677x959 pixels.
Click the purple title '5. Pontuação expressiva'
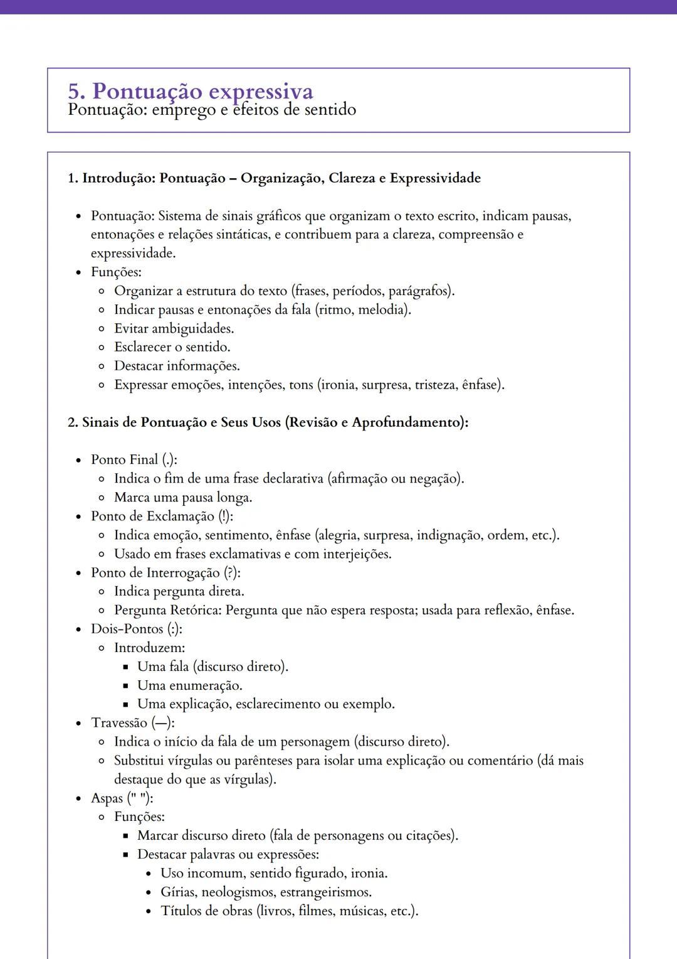pyautogui.click(x=191, y=92)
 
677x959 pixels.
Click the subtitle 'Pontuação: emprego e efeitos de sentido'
pyautogui.click(x=212, y=110)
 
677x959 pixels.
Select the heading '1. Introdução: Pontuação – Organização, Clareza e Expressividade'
pyautogui.click(x=274, y=178)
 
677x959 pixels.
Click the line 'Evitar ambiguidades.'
pyautogui.click(x=174, y=328)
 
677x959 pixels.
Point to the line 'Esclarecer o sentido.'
pyautogui.click(x=172, y=347)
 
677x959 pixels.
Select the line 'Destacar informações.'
pyautogui.click(x=177, y=366)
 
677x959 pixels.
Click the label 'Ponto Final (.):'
pyautogui.click(x=134, y=460)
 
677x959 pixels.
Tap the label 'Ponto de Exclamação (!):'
pyautogui.click(x=162, y=517)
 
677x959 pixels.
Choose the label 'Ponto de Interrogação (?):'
pyautogui.click(x=165, y=573)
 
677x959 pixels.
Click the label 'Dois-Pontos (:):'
pyautogui.click(x=137, y=629)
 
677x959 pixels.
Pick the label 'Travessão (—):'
pyautogui.click(x=133, y=723)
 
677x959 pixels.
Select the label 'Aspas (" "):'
pyautogui.click(x=122, y=798)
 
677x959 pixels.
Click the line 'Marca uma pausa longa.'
pyautogui.click(x=183, y=498)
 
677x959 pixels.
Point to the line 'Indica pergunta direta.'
pyautogui.click(x=179, y=592)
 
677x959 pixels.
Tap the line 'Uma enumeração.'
pyautogui.click(x=190, y=685)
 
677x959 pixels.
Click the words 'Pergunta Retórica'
pyautogui.click(x=167, y=611)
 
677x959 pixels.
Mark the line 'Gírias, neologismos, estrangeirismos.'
pyautogui.click(x=266, y=892)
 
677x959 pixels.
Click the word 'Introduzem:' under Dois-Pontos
pyautogui.click(x=149, y=648)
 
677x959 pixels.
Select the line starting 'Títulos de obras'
pyautogui.click(x=290, y=911)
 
